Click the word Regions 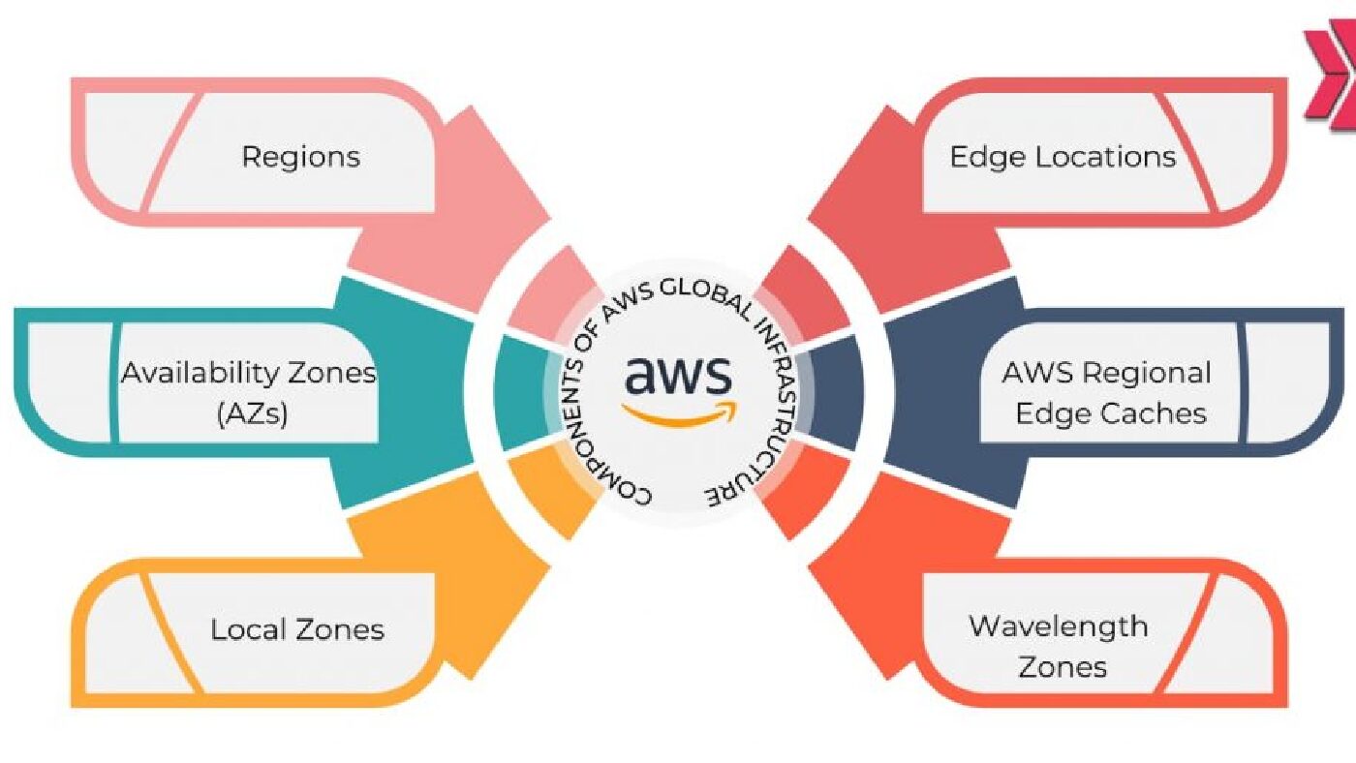pos(301,157)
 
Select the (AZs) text pos(252,414)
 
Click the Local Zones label pos(297,630)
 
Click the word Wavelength pos(1058,626)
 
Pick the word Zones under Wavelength pos(1063,667)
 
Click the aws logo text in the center pos(678,375)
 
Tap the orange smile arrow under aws pos(680,414)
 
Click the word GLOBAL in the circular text pos(707,297)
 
